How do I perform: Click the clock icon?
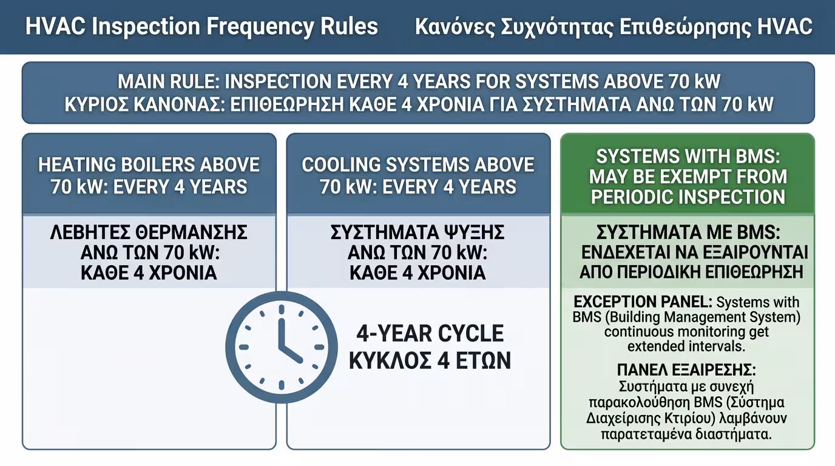tap(282, 347)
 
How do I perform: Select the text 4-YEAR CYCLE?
tap(430, 333)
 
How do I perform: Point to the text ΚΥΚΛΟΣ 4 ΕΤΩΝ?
tap(430, 360)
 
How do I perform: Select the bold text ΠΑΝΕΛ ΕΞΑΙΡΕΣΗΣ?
tap(686, 370)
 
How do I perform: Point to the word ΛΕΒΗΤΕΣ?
tap(90, 232)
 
